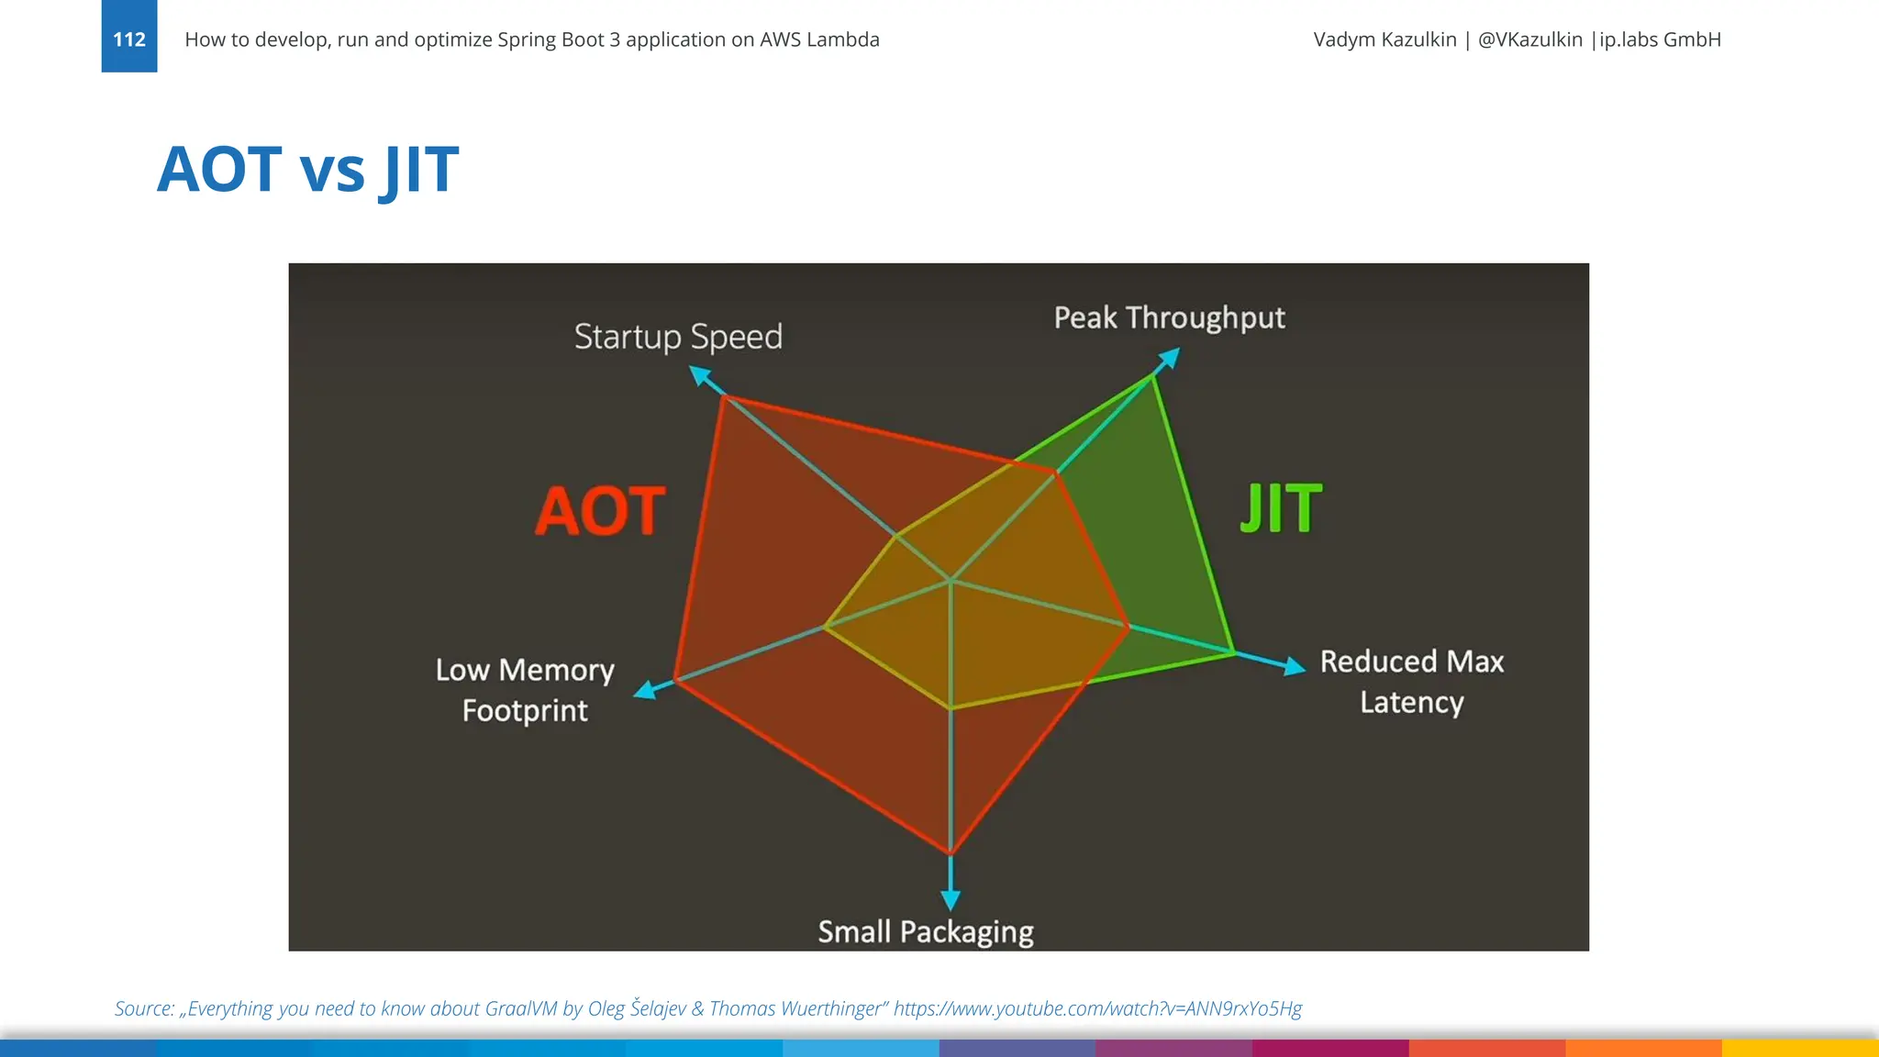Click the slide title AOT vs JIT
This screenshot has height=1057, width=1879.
[x=307, y=170]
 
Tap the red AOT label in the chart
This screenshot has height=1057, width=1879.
[x=601, y=511]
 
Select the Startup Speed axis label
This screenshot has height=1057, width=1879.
[x=678, y=337]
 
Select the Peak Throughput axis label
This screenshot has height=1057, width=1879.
[x=1169, y=317]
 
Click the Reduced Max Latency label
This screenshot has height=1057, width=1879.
[x=1411, y=682]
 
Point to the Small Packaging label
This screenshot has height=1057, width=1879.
[x=926, y=931]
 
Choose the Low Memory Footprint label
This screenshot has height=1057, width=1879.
[x=525, y=690]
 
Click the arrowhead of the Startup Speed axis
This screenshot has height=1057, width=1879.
[x=700, y=375]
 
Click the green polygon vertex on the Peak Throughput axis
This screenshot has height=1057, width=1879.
[x=1152, y=375]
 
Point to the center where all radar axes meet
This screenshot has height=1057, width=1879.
[x=951, y=580]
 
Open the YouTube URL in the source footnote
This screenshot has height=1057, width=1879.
[x=1097, y=1008]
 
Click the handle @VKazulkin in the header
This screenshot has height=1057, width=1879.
[x=1529, y=39]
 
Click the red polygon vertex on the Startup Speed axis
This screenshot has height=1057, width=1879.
[x=725, y=396]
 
